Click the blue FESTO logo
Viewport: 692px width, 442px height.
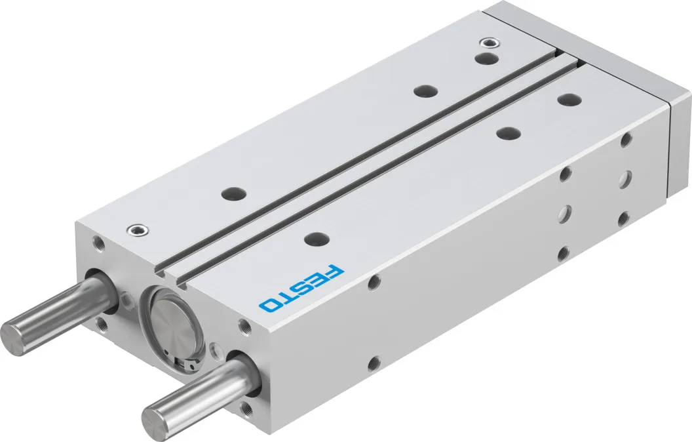tap(301, 288)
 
